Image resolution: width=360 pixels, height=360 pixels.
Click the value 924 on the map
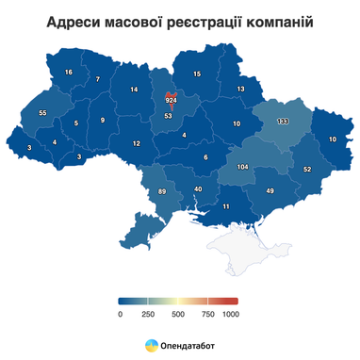(x=171, y=99)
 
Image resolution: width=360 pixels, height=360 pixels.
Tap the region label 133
(x=283, y=122)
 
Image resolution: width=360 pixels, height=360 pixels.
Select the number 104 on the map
(x=242, y=166)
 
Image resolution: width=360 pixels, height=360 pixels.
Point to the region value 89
(x=161, y=192)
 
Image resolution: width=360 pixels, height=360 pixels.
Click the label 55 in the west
(x=42, y=113)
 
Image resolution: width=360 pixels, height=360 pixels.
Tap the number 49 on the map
(x=270, y=191)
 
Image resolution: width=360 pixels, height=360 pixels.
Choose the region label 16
(x=69, y=73)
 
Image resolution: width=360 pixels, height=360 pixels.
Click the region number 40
(x=198, y=190)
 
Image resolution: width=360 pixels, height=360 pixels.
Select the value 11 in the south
(x=225, y=206)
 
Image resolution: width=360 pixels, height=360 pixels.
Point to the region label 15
(x=197, y=74)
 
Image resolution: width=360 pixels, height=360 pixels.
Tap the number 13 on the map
(x=241, y=90)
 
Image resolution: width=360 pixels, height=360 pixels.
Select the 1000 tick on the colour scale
(x=231, y=313)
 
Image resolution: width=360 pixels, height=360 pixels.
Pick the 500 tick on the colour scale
(x=178, y=313)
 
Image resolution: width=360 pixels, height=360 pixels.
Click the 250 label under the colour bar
(x=148, y=313)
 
